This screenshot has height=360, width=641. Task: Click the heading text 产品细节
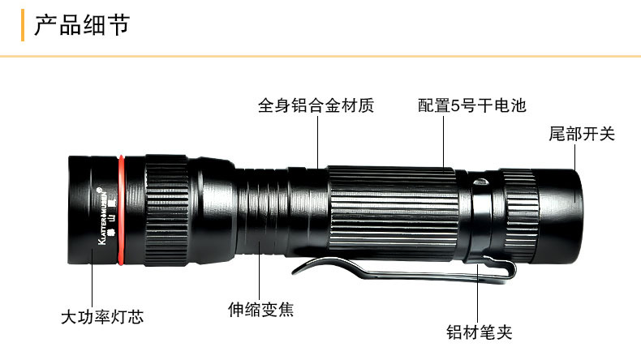(81, 25)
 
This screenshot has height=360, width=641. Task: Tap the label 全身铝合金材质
(316, 105)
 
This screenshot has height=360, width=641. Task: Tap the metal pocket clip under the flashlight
(389, 271)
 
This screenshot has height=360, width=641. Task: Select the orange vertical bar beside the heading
(23, 25)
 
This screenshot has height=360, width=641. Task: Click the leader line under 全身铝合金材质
(316, 142)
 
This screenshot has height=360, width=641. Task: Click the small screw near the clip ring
(480, 182)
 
